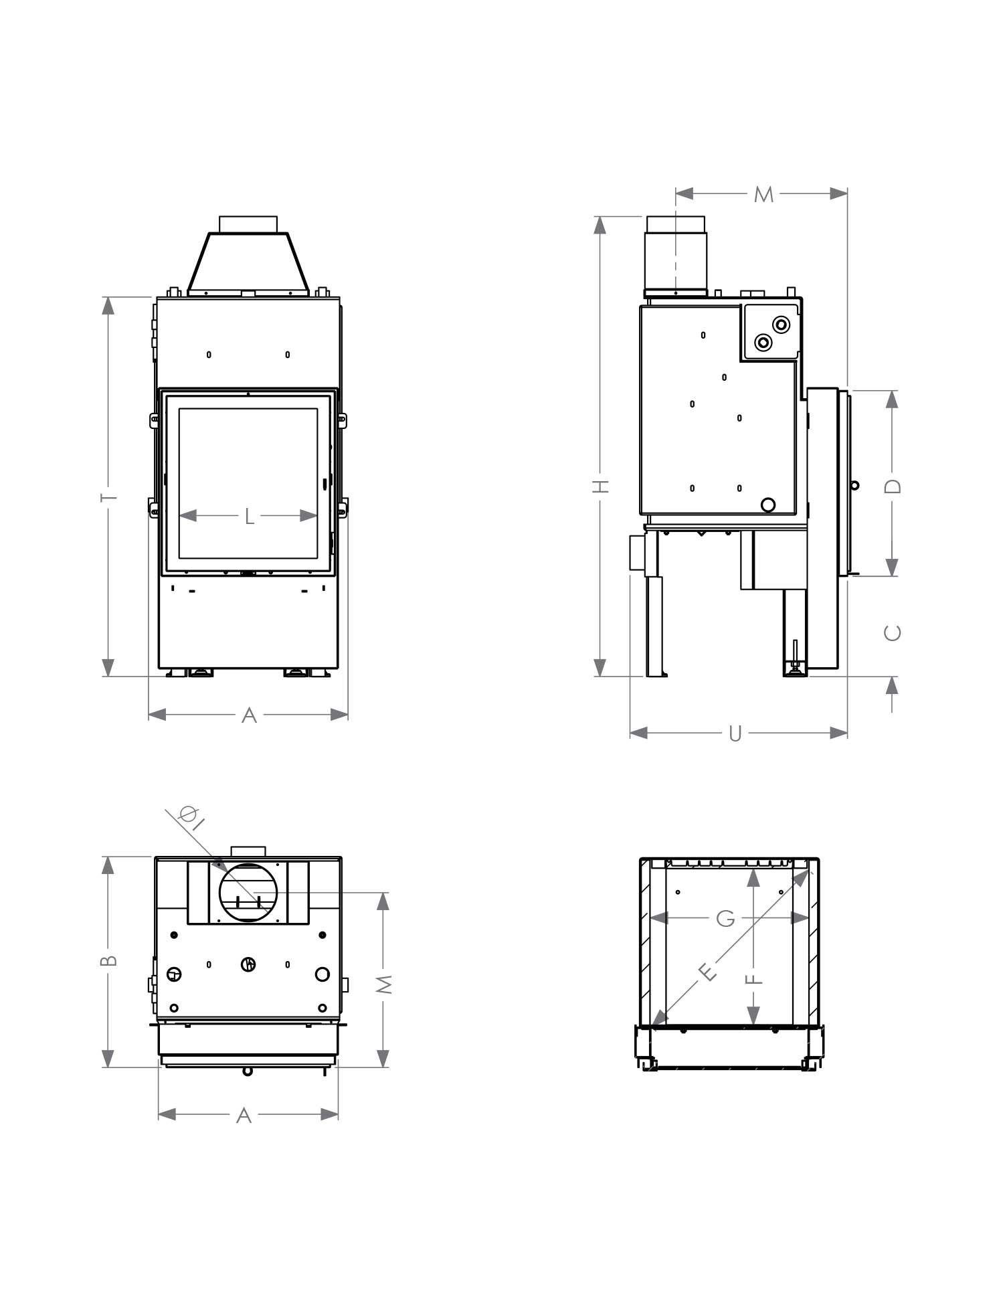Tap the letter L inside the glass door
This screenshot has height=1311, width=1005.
pos(249,516)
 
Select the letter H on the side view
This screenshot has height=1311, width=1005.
pos(601,486)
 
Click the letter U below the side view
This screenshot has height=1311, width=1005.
pos(735,734)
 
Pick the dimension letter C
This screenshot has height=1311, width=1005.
pos(893,632)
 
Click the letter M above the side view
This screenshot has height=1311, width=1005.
pos(763,195)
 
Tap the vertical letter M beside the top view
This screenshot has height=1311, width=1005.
pos(383,983)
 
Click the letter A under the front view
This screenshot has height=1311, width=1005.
pos(248,715)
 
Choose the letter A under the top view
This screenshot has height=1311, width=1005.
pos(244,1116)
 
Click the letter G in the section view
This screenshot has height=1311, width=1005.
pos(725,919)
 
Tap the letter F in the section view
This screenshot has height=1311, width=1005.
pos(753,978)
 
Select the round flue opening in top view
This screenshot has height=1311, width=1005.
pos(248,893)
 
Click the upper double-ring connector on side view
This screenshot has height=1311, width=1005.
pos(781,325)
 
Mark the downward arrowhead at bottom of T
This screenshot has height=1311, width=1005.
pos(108,667)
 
